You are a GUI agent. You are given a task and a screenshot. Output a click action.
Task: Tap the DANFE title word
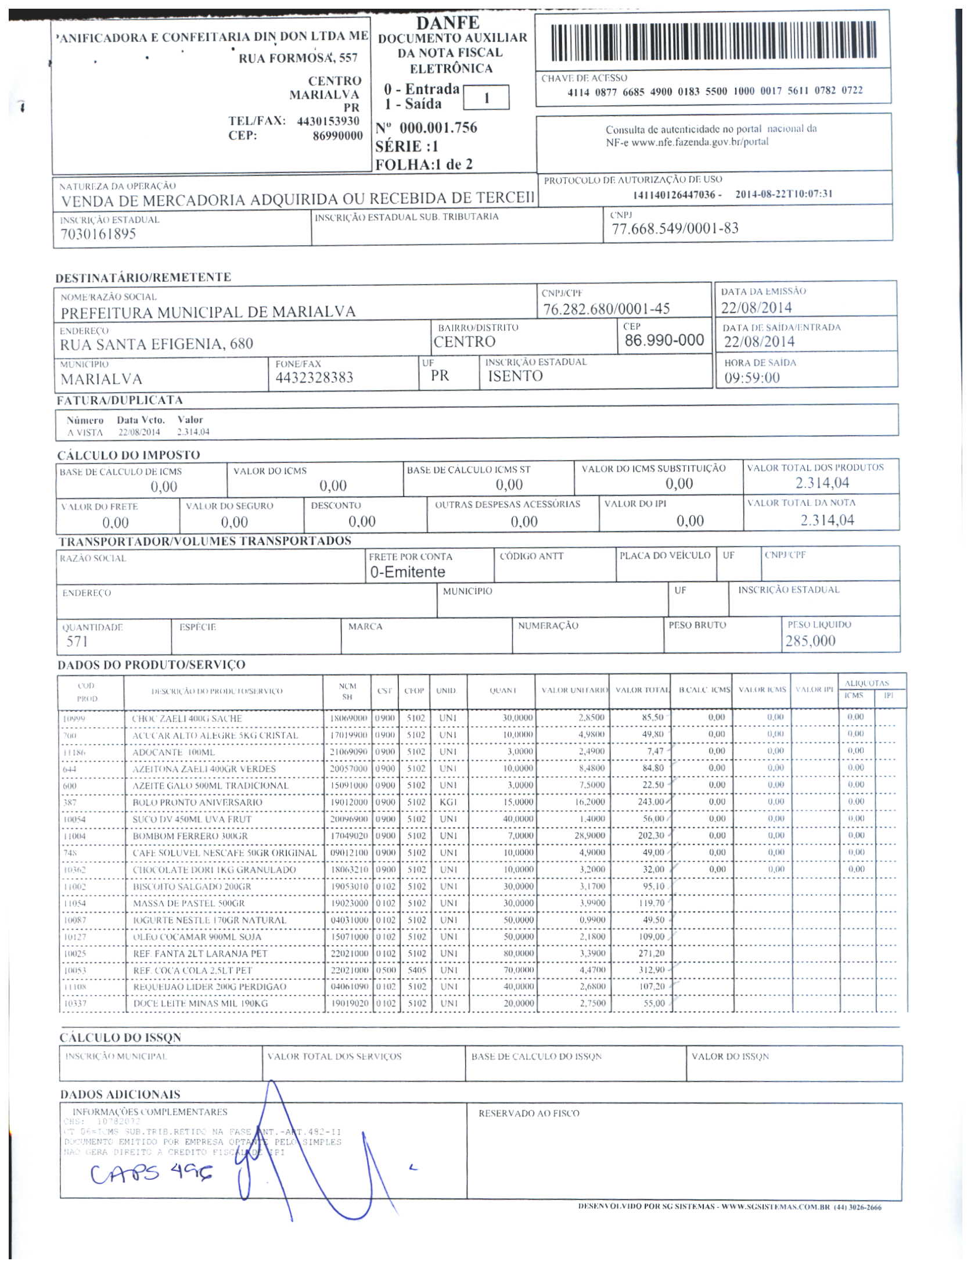click(448, 23)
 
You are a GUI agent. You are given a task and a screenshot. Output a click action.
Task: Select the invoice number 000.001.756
click(438, 128)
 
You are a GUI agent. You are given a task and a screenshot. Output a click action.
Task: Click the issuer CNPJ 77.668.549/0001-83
click(675, 229)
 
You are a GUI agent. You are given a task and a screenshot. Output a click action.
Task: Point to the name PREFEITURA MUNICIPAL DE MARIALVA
click(208, 312)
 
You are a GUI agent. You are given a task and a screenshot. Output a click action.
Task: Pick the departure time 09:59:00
click(752, 378)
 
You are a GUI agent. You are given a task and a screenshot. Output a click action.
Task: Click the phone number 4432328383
click(314, 378)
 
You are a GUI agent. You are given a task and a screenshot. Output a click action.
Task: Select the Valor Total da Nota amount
click(827, 520)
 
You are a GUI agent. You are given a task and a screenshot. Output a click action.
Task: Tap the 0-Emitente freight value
click(408, 573)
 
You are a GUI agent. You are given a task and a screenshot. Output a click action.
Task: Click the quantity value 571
click(77, 642)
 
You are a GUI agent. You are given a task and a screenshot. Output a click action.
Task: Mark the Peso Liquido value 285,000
click(810, 641)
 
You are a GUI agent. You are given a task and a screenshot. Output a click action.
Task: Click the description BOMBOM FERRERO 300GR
click(190, 836)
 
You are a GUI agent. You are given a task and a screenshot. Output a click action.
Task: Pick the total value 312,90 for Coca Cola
click(651, 970)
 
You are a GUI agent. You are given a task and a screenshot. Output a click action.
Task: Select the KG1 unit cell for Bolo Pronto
click(448, 802)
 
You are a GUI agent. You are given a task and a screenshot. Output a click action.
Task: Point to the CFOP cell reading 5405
click(416, 970)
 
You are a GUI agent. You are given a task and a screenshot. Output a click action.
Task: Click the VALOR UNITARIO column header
click(574, 691)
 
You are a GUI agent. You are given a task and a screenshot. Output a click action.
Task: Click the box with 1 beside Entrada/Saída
click(486, 98)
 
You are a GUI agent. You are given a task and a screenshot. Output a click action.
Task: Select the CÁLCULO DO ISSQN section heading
click(120, 1037)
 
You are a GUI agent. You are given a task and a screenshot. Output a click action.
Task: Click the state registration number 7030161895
click(98, 234)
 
